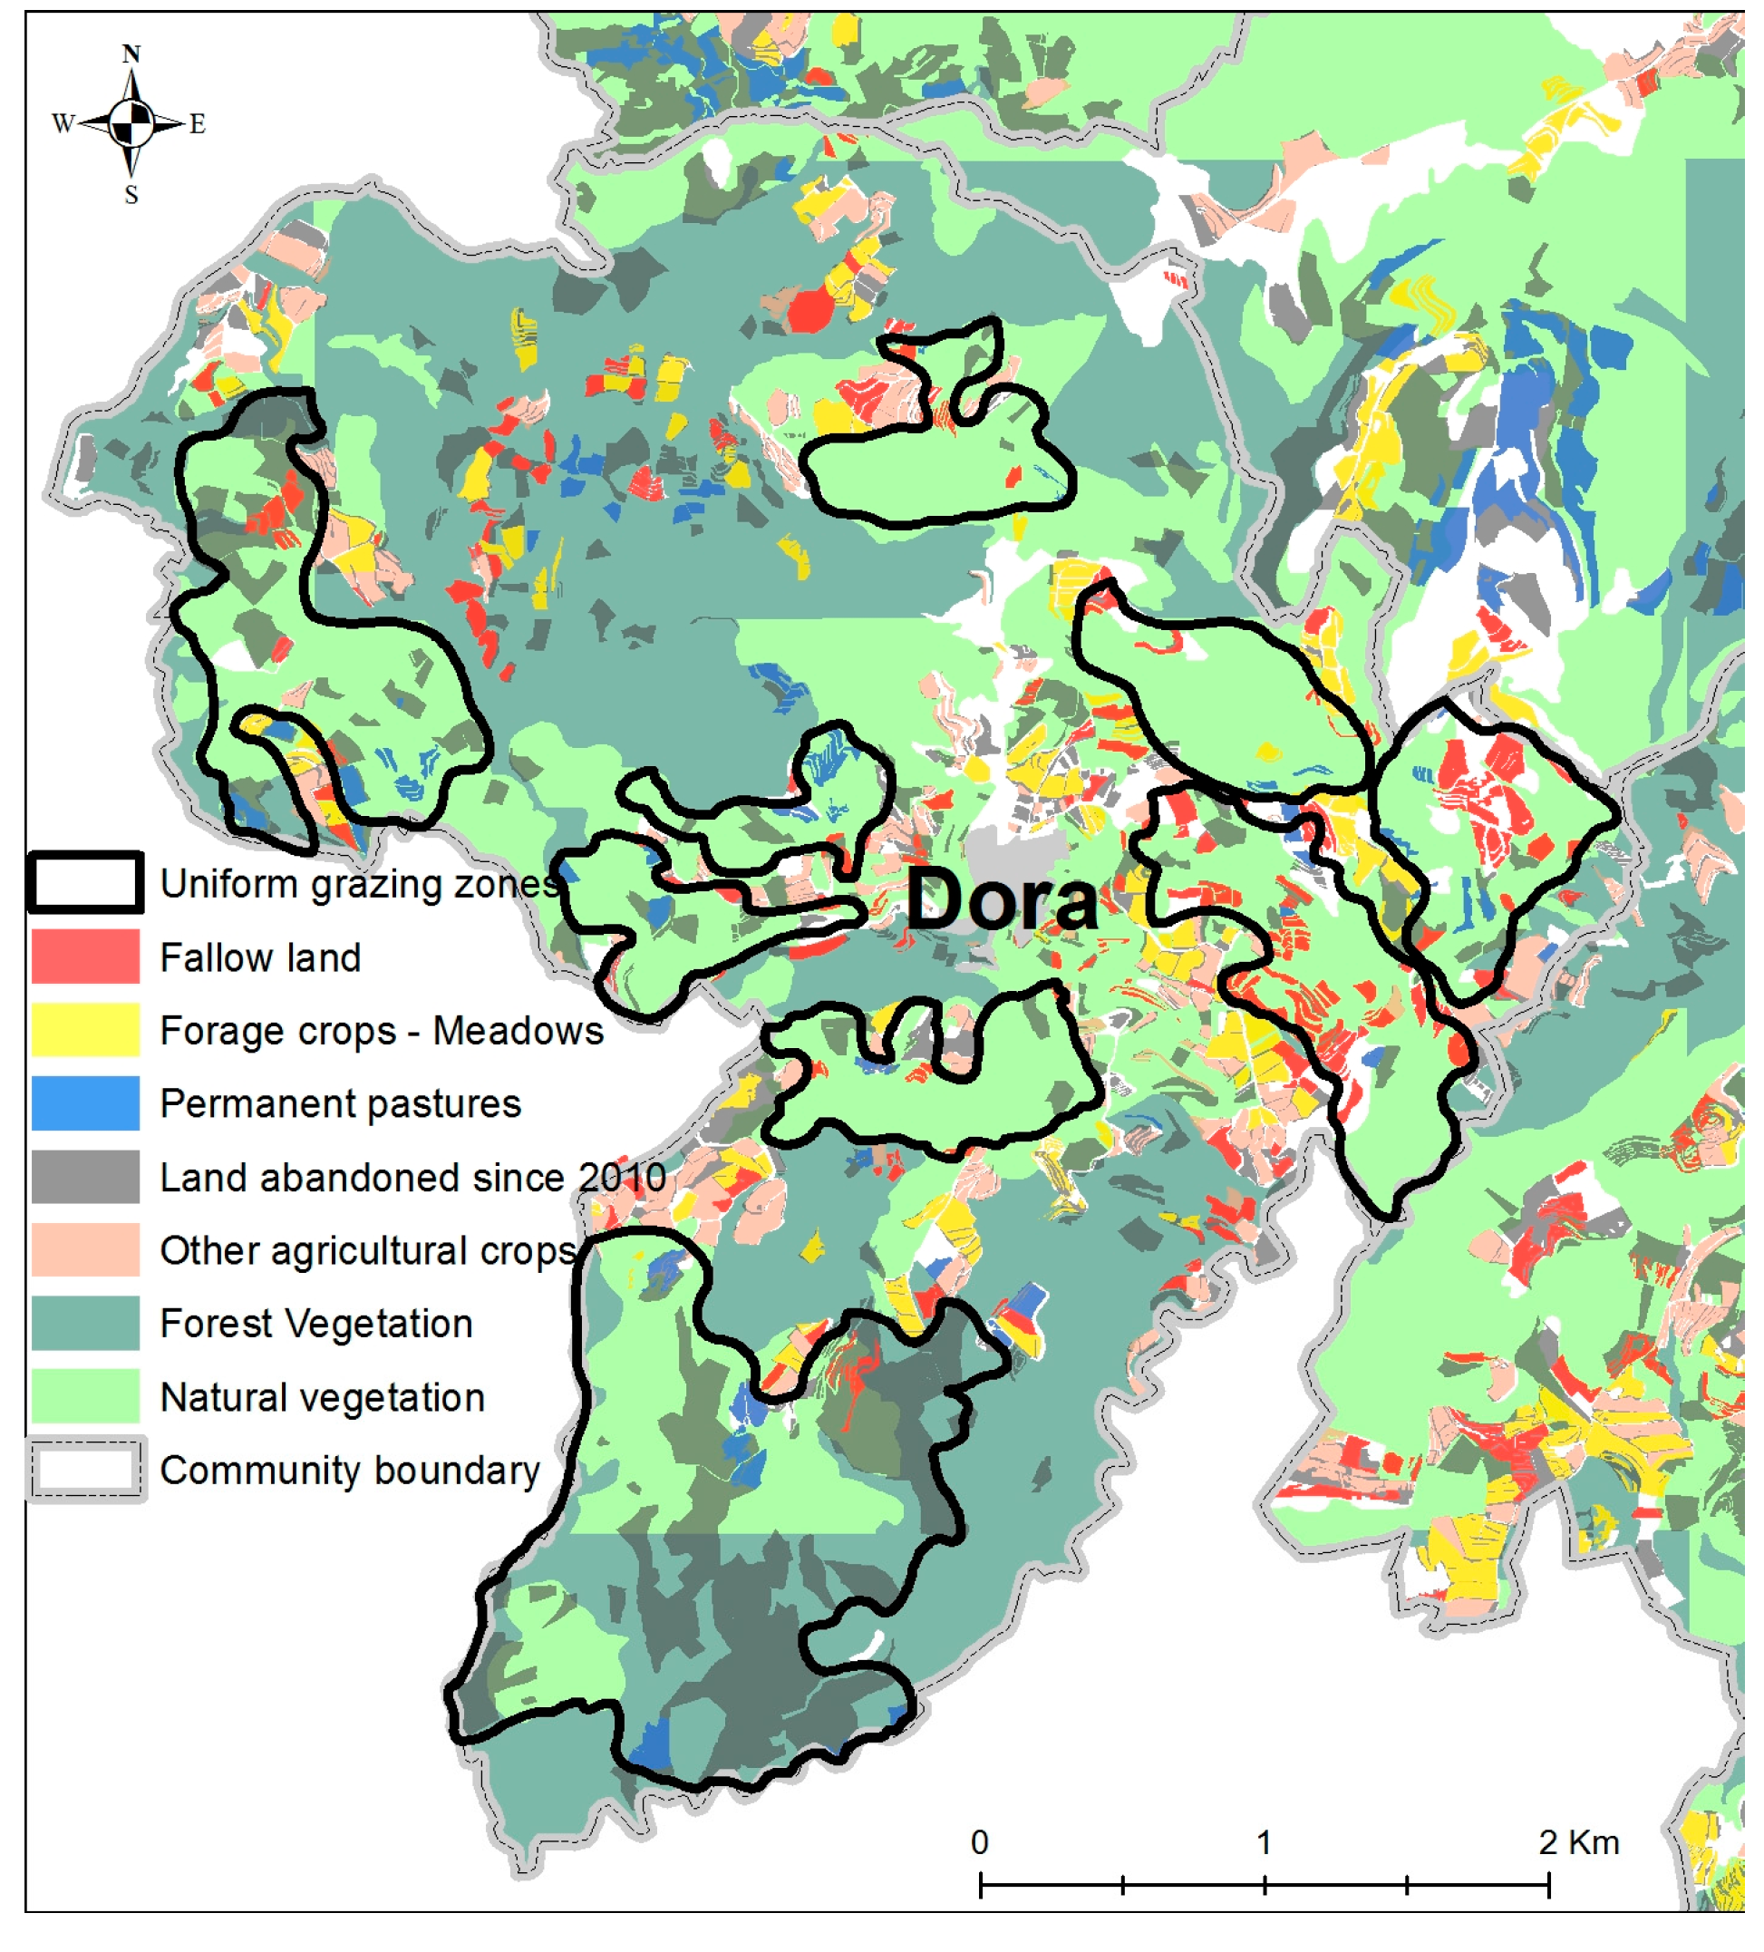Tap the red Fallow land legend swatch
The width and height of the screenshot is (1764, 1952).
coord(85,957)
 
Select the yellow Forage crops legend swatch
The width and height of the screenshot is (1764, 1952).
coord(85,1030)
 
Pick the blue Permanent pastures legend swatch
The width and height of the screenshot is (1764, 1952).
coord(85,1103)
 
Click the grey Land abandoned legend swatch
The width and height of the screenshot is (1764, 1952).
coord(85,1178)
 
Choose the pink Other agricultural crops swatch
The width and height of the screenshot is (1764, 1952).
coord(85,1250)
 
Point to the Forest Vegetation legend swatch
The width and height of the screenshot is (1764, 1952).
coord(85,1324)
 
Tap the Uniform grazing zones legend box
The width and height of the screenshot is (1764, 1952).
coord(85,883)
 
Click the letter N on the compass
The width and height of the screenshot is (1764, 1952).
coord(131,54)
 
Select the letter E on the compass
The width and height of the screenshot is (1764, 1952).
coord(198,124)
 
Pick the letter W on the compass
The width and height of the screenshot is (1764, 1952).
coord(63,124)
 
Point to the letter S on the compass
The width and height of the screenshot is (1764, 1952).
coord(131,196)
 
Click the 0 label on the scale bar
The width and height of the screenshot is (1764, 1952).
coord(980,1842)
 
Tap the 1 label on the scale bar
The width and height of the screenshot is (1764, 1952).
coord(1265,1842)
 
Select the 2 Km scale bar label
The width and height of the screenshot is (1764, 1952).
coord(1578,1842)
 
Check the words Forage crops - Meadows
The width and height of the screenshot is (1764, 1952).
coord(382,1031)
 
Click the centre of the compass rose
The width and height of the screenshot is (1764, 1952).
coord(131,124)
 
